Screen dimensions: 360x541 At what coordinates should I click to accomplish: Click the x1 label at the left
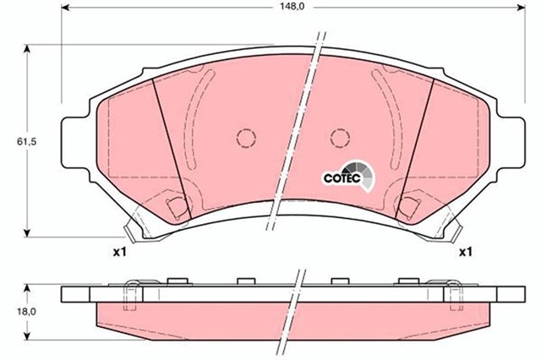[x=119, y=252]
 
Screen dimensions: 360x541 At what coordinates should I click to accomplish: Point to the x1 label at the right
[x=464, y=252]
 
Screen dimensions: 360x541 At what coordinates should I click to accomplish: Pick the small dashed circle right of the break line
[x=340, y=137]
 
